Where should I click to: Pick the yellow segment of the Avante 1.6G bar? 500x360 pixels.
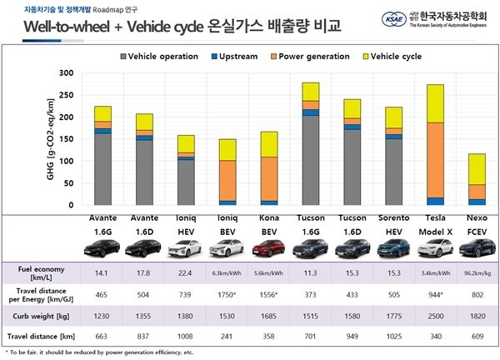tap(102, 114)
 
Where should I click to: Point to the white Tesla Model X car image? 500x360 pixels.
tap(435, 247)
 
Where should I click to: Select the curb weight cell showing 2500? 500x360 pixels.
tap(435, 317)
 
